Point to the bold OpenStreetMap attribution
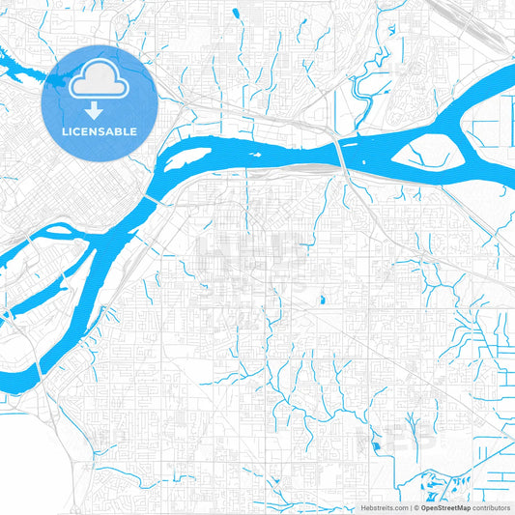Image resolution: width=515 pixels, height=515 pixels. point(444,506)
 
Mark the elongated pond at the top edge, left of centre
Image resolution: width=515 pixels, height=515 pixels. point(237,13)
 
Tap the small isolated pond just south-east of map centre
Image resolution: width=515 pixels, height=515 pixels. point(321,298)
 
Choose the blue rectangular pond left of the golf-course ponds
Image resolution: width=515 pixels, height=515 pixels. point(375,445)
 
